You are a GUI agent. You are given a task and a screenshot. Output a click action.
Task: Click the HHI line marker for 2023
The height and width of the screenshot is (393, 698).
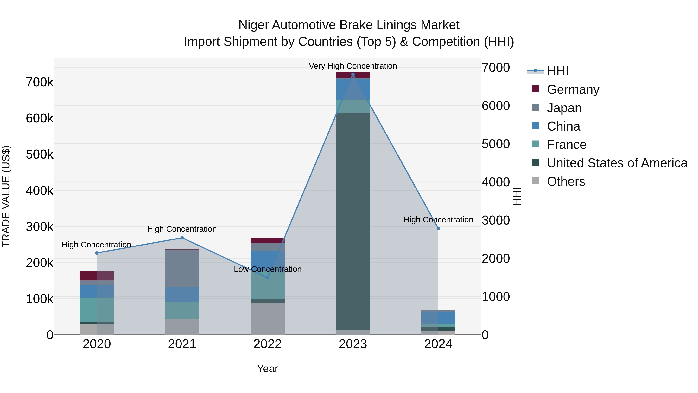pyautogui.click(x=353, y=74)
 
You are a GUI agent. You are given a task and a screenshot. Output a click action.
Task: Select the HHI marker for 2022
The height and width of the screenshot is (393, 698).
pyautogui.click(x=267, y=278)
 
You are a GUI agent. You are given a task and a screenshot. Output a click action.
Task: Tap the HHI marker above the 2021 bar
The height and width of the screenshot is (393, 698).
pyautogui.click(x=182, y=238)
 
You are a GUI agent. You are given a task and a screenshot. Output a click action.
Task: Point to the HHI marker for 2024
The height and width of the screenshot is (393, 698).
pyautogui.click(x=438, y=229)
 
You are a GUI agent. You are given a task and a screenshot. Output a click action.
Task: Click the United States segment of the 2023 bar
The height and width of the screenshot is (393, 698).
pyautogui.click(x=353, y=221)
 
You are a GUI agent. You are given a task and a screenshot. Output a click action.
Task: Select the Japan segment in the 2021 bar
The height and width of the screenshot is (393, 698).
pyautogui.click(x=182, y=269)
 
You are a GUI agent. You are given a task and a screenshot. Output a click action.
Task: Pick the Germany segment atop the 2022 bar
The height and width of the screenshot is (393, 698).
pyautogui.click(x=267, y=240)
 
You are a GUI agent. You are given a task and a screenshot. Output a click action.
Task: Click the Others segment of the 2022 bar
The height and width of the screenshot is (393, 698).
pyautogui.click(x=267, y=319)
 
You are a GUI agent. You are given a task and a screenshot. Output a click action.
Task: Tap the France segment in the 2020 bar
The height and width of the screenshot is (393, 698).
pyautogui.click(x=97, y=310)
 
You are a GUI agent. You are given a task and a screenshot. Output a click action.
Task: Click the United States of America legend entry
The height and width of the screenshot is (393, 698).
pyautogui.click(x=617, y=163)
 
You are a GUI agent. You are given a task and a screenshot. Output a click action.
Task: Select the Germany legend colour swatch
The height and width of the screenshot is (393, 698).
pyautogui.click(x=535, y=89)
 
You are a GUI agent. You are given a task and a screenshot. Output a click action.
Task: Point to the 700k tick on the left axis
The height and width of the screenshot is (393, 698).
pyautogui.click(x=40, y=82)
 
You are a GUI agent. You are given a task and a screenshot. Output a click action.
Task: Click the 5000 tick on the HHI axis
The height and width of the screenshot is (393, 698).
pyautogui.click(x=496, y=144)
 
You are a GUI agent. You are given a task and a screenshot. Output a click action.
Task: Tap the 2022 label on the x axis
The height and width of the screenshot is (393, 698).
pyautogui.click(x=267, y=344)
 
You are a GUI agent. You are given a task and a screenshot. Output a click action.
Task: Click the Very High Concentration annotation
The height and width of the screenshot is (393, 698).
pyautogui.click(x=353, y=66)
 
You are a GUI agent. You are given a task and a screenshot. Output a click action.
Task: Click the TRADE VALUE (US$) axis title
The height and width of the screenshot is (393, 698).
pyautogui.click(x=6, y=196)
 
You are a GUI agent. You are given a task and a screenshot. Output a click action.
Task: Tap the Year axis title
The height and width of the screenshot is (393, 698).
pyautogui.click(x=267, y=369)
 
